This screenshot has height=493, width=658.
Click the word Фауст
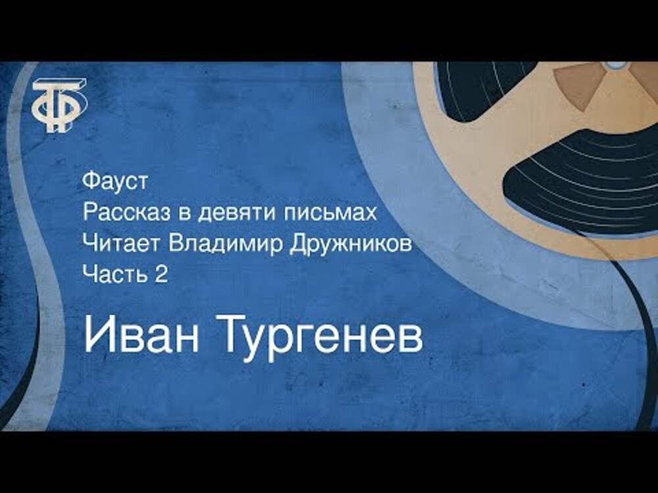click(115, 181)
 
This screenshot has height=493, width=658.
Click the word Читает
click(122, 244)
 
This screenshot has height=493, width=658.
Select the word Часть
click(113, 275)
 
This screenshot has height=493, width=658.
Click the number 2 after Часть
click(161, 275)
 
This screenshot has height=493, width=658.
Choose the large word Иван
click(141, 333)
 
